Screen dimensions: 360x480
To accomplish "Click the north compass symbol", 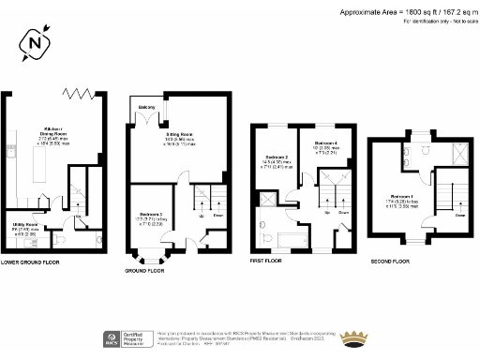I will coord(35,43).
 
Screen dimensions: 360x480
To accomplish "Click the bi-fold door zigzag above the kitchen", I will coord(77,93).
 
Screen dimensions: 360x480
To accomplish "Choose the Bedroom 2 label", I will coord(277,157).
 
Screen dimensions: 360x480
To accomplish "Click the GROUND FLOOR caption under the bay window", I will coord(144,270).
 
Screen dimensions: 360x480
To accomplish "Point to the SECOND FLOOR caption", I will coord(393,262).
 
